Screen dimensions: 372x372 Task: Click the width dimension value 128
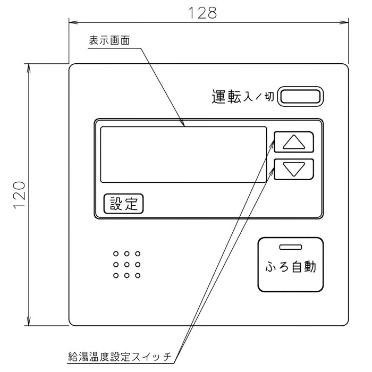(202, 13)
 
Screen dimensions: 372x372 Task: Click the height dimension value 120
(20, 195)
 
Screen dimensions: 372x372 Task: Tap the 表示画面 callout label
(109, 40)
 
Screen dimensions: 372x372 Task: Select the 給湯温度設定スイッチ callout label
(120, 357)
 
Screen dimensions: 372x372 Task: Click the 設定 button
(124, 204)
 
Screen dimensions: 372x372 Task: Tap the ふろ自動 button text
(291, 267)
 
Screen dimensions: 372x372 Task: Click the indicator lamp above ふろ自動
(291, 247)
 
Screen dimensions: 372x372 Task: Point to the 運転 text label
(226, 96)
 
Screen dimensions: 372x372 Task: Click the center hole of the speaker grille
(126, 265)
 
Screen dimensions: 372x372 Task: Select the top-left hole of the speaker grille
(116, 253)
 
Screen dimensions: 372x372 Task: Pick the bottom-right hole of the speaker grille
(138, 275)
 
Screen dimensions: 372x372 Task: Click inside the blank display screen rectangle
(183, 155)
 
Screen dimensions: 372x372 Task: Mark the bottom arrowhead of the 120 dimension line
(29, 321)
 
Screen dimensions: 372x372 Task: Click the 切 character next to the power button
(269, 97)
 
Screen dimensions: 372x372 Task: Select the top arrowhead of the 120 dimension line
(29, 68)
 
